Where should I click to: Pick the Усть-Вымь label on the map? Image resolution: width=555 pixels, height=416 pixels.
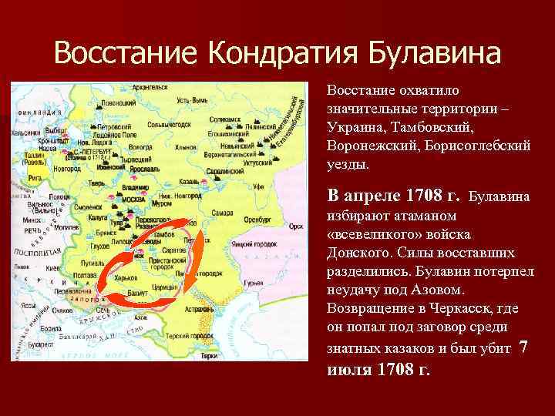[193, 101]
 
